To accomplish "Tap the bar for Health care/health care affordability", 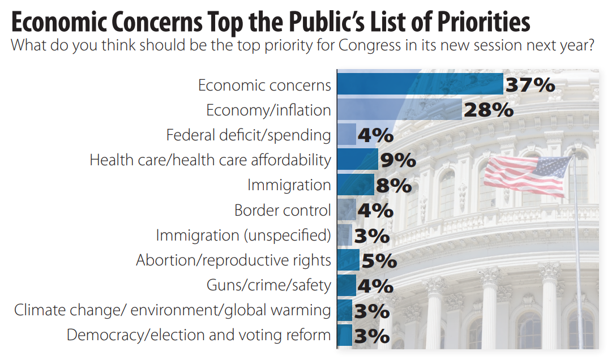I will [357, 159].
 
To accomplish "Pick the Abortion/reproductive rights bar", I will [348, 260].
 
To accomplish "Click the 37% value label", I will [530, 85].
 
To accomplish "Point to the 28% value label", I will [488, 110].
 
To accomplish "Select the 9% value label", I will [398, 161].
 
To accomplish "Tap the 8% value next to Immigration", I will [393, 186].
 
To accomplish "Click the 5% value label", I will [378, 261].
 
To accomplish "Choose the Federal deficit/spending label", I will [249, 135].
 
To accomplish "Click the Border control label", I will [283, 210].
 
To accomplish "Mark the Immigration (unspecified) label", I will [243, 235].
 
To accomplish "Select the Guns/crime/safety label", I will [268, 285].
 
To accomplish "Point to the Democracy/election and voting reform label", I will [199, 335].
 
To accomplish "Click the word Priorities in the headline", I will [474, 23].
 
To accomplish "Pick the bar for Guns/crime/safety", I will [346, 285].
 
